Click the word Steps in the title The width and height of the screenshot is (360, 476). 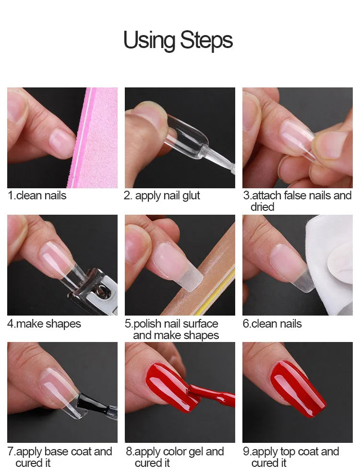pyautogui.click(x=206, y=40)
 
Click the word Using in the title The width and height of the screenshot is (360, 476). pyautogui.click(x=149, y=40)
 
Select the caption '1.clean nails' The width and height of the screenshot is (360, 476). pyautogui.click(x=37, y=195)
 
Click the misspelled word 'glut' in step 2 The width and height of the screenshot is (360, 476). pyautogui.click(x=191, y=195)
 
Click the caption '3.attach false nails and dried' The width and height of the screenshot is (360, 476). pyautogui.click(x=297, y=201)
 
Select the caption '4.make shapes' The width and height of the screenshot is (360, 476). pyautogui.click(x=44, y=324)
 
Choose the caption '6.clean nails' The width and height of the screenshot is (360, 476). pyautogui.click(x=272, y=324)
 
